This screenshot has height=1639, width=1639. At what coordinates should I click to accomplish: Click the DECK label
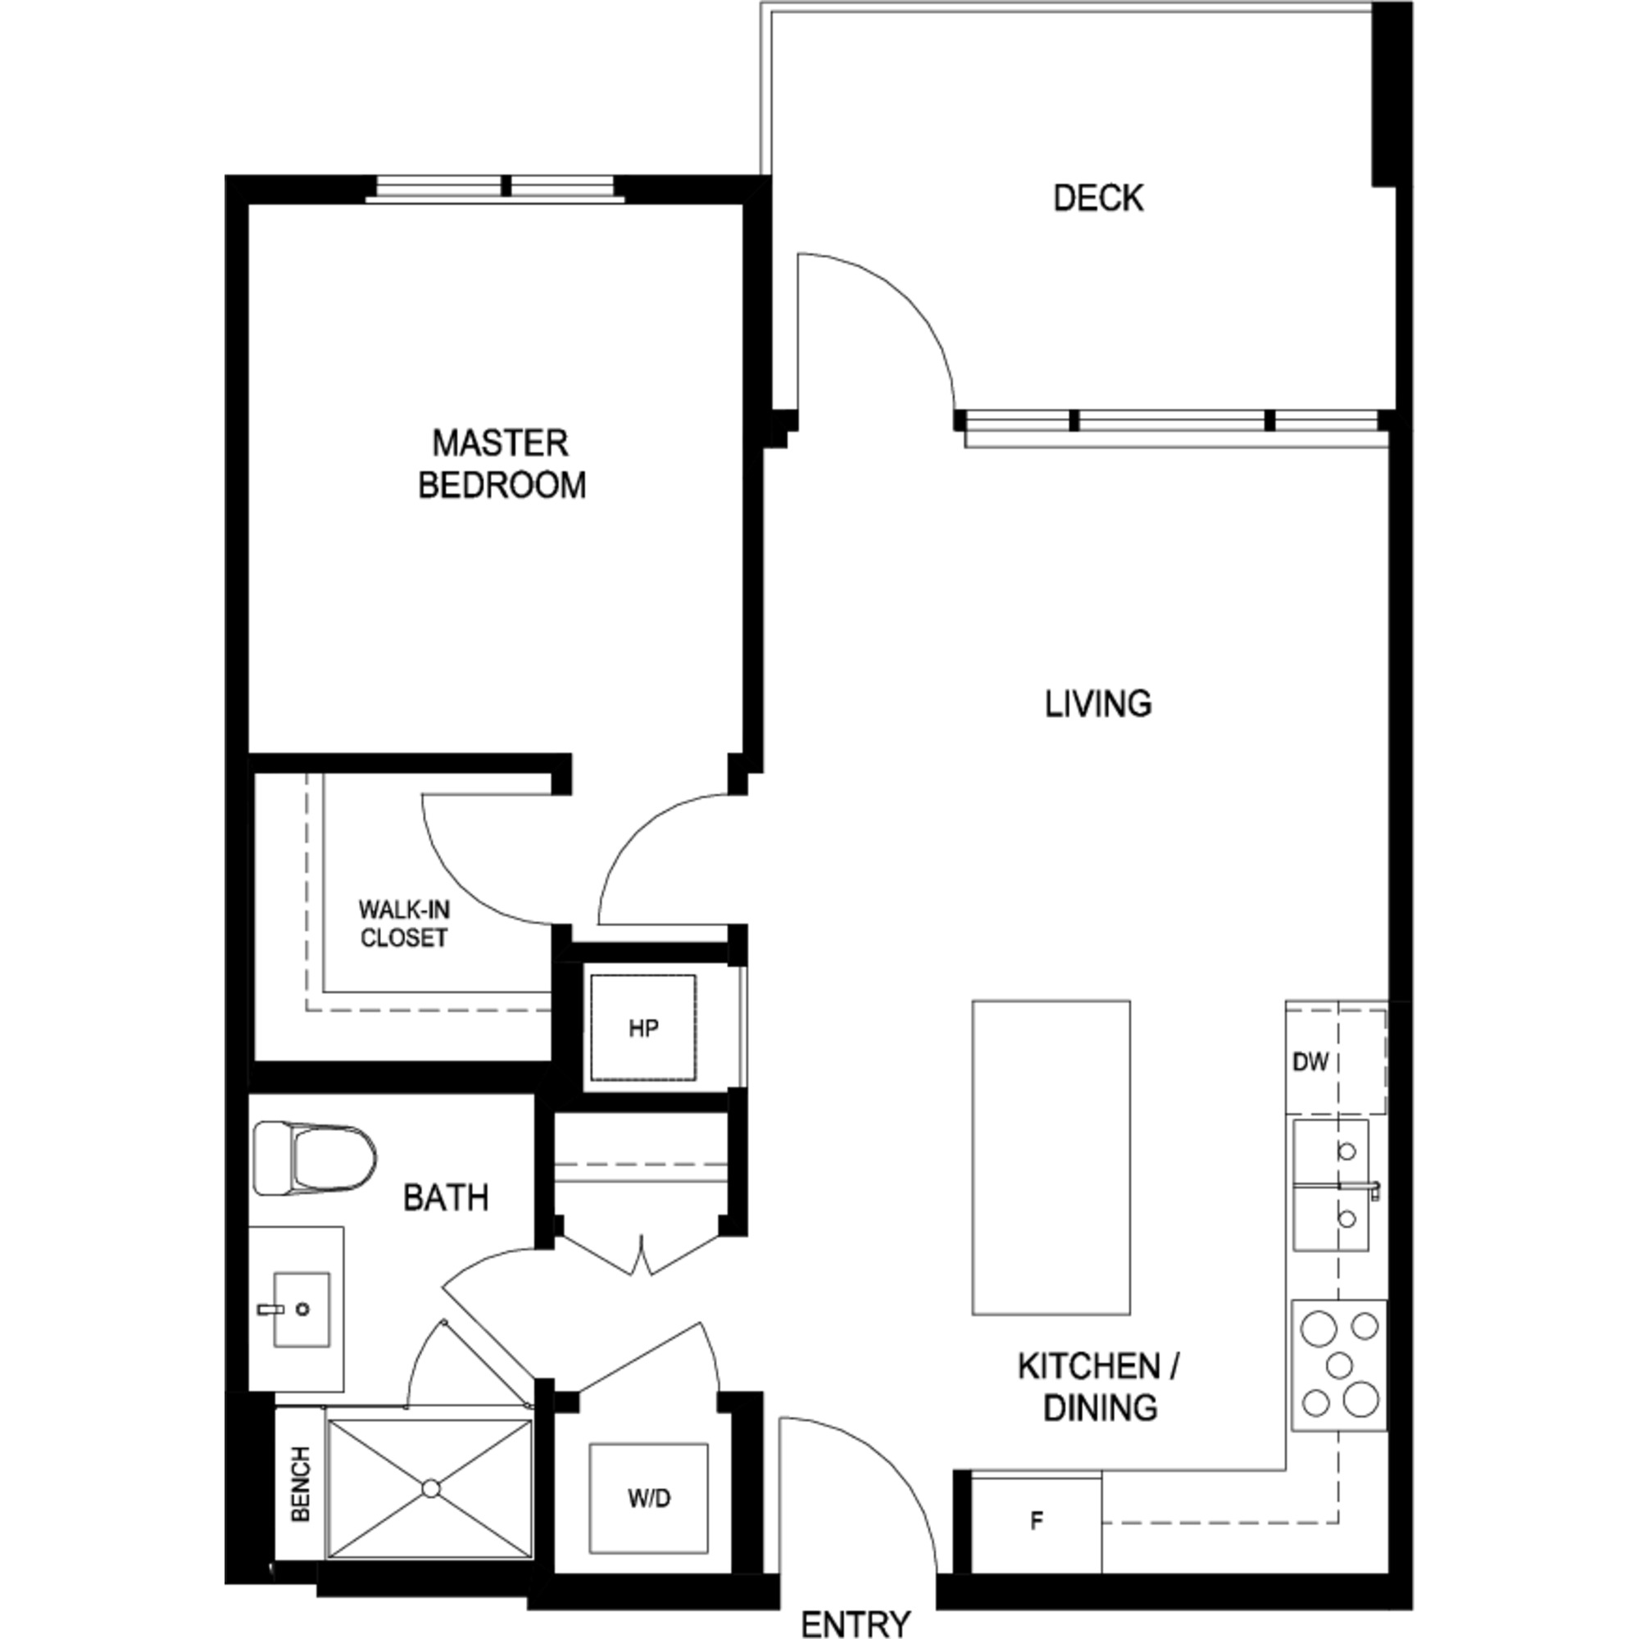1098,198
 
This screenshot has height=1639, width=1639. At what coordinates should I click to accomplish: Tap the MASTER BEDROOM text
502,464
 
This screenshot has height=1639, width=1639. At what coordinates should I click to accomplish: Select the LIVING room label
1098,704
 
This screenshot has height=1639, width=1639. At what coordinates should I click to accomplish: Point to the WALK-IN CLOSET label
404,924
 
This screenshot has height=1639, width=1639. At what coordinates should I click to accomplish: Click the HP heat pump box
643,1028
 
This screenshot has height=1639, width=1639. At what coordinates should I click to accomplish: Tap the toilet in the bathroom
316,1159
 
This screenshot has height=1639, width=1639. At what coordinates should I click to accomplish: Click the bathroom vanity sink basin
301,1309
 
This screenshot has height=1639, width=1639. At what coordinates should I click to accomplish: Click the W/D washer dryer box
649,1498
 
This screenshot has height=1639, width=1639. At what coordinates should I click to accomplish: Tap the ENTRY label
856,1623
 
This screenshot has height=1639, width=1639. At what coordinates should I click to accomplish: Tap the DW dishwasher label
1310,1061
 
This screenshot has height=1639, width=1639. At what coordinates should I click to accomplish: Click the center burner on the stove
1340,1365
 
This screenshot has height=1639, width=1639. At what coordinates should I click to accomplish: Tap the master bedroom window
496,188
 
